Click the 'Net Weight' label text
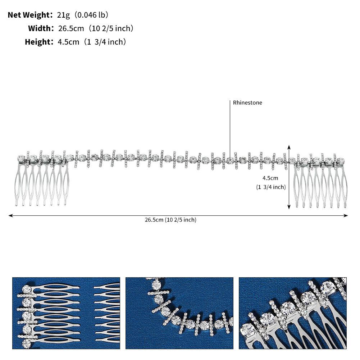tap(29, 15)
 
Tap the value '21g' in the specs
tap(63, 15)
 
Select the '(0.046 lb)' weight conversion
tap(91, 15)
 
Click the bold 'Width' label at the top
tap(40, 28)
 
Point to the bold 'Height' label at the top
tap(38, 42)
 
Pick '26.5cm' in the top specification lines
tap(71, 28)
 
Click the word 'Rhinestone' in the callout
tap(247, 102)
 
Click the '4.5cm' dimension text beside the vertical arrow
tap(270, 178)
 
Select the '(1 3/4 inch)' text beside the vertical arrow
tap(271, 187)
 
